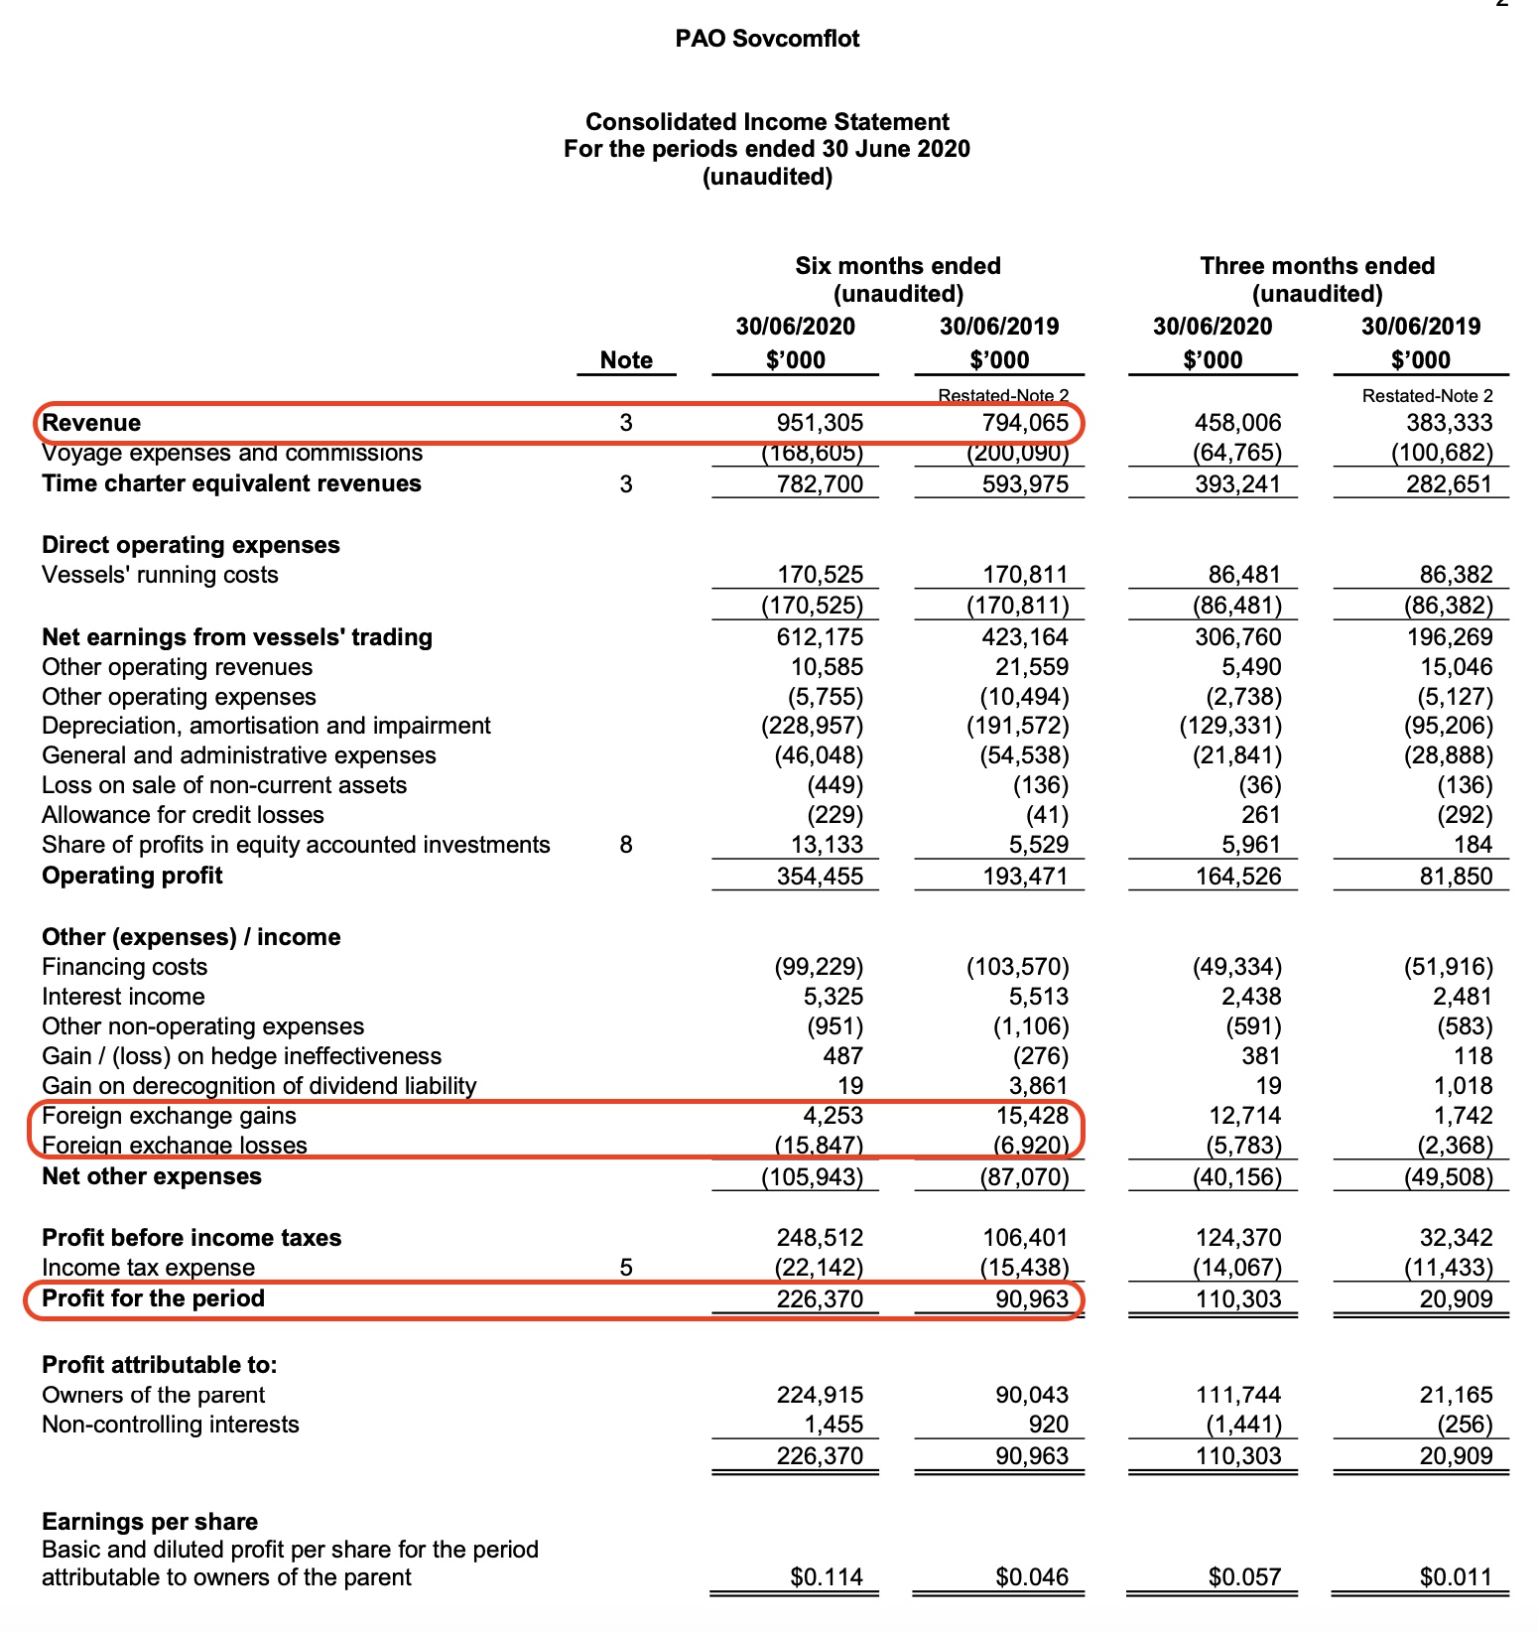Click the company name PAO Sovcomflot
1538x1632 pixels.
(767, 39)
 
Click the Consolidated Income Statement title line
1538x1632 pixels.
(767, 122)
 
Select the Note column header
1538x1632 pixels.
(626, 360)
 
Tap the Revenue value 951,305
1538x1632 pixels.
(820, 423)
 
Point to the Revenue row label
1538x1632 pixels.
(91, 423)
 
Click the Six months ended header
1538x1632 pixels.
(897, 266)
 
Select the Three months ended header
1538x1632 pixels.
(1317, 266)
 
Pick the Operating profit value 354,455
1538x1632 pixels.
(820, 877)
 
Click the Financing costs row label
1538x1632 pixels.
(125, 967)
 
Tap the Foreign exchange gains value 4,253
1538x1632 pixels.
(833, 1116)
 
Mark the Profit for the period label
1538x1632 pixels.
(154, 1298)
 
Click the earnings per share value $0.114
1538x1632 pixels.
(827, 1577)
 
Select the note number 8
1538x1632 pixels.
(626, 845)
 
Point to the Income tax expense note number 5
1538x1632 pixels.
(626, 1268)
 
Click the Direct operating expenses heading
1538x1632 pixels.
(191, 545)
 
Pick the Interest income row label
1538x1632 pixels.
(123, 997)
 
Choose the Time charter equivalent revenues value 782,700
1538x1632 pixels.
(820, 484)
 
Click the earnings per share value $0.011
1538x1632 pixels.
(1456, 1577)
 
